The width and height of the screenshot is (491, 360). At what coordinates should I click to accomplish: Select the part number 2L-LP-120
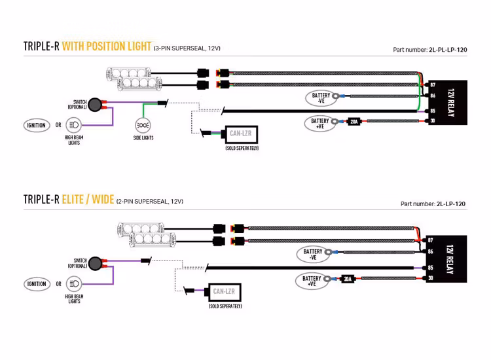[450, 204]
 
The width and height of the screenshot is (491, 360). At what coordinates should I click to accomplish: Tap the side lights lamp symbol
[143, 124]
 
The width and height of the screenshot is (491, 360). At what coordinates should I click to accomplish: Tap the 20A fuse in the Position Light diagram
[354, 122]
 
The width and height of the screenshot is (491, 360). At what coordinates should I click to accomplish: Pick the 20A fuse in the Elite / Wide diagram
[347, 279]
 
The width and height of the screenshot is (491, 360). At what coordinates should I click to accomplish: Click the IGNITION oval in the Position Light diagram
[37, 124]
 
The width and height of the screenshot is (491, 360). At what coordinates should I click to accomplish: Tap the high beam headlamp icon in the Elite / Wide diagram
[74, 284]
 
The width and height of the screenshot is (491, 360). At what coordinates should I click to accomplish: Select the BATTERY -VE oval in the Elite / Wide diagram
[313, 254]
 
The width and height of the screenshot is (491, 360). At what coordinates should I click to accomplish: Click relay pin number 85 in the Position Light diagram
[433, 111]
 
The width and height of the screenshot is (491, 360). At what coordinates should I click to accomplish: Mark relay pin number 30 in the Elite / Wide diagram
[430, 279]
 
